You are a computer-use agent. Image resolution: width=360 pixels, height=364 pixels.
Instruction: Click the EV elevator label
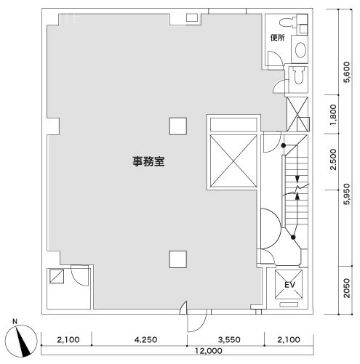(x=289, y=284)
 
